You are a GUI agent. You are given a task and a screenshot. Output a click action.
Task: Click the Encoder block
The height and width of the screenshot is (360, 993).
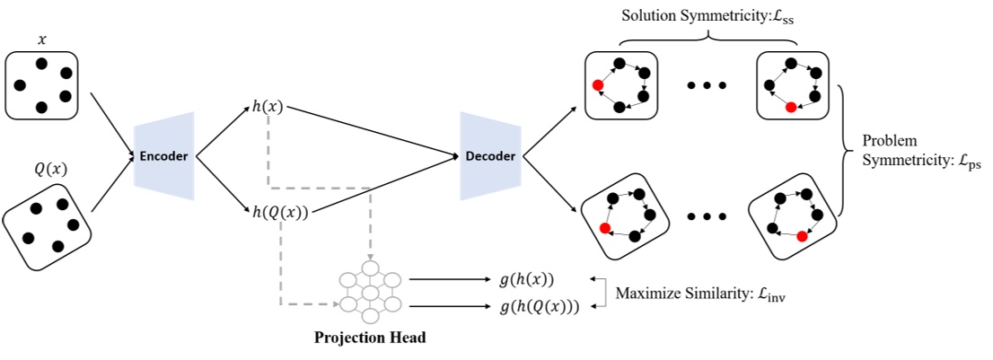pyautogui.click(x=163, y=155)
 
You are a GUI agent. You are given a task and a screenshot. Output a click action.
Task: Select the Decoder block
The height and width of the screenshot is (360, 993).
pyautogui.click(x=491, y=156)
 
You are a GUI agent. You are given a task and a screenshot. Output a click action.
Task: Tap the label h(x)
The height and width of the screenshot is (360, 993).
pyautogui.click(x=268, y=107)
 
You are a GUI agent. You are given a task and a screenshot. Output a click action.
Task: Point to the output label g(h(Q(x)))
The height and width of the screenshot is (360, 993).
pyautogui.click(x=538, y=306)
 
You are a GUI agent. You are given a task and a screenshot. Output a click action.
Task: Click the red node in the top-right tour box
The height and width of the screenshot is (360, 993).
pyautogui.click(x=790, y=107)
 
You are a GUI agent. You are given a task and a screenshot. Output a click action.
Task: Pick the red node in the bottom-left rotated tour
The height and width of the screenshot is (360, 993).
pyautogui.click(x=605, y=229)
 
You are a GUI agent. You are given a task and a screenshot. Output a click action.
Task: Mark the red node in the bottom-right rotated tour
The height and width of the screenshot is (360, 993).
pyautogui.click(x=801, y=235)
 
